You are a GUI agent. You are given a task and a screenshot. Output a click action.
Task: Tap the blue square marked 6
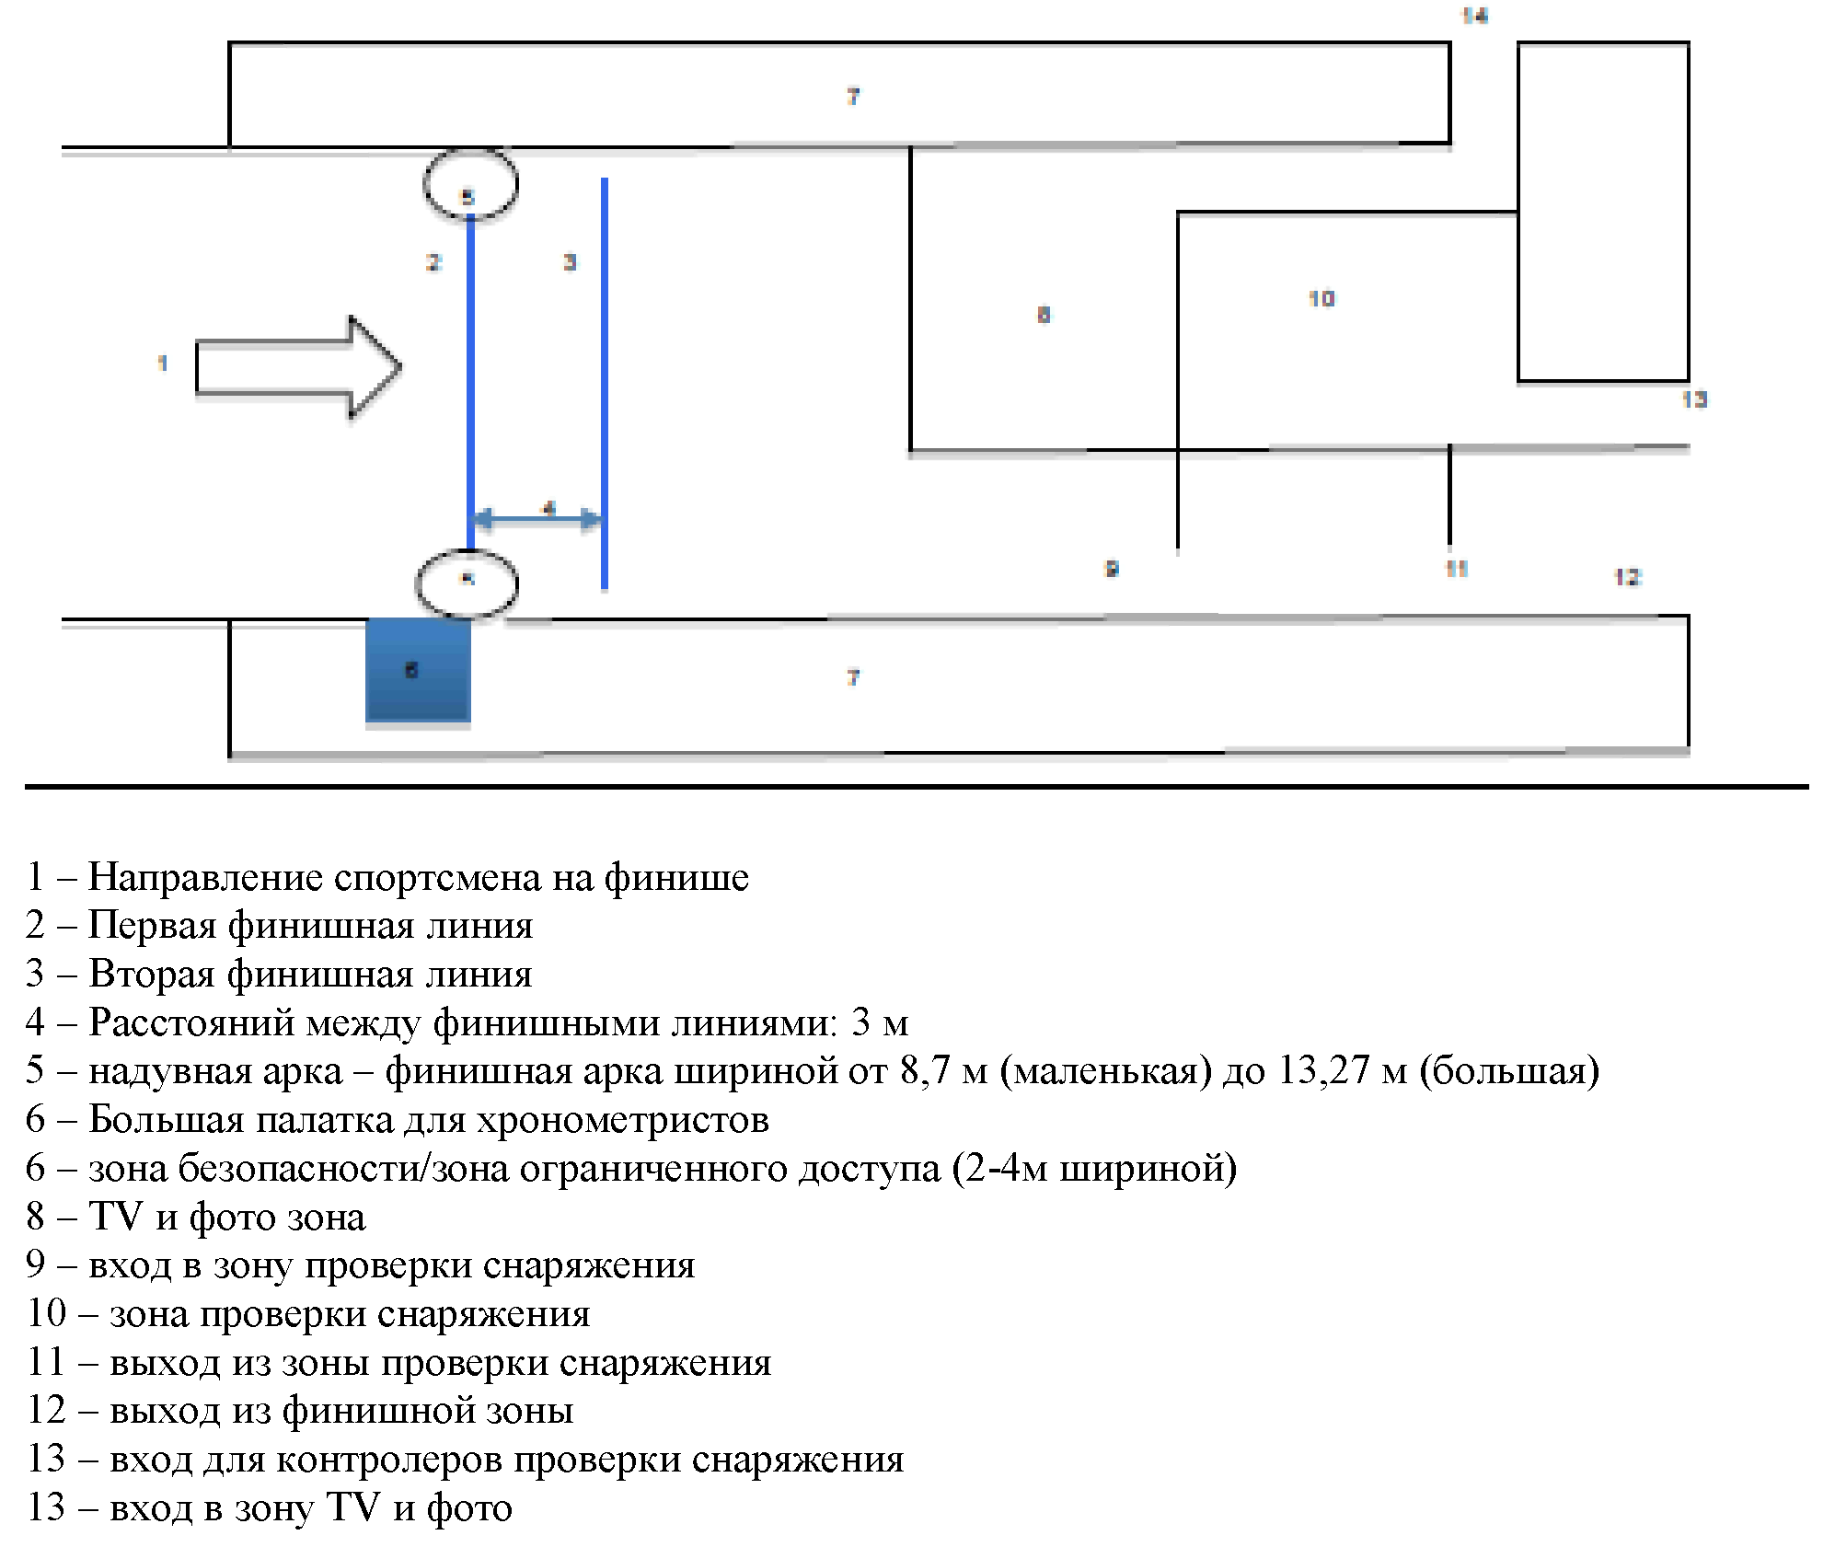tap(418, 670)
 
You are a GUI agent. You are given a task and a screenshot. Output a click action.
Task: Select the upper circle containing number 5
tap(470, 185)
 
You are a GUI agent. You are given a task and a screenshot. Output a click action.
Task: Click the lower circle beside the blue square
tap(467, 583)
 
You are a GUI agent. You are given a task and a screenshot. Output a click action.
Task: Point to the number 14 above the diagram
tap(1474, 16)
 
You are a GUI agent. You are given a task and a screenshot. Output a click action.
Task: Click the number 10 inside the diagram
tap(1321, 298)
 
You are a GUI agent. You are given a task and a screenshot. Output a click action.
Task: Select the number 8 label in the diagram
tap(1044, 315)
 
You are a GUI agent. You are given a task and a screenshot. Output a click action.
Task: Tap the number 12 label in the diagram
tap(1627, 577)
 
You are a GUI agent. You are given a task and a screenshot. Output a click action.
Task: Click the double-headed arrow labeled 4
tap(537, 518)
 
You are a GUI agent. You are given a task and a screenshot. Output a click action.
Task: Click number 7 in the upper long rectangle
tap(853, 96)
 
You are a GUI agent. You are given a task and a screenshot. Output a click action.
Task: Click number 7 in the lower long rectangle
tap(853, 677)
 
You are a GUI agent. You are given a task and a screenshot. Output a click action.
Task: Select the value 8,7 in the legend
tap(925, 1070)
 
